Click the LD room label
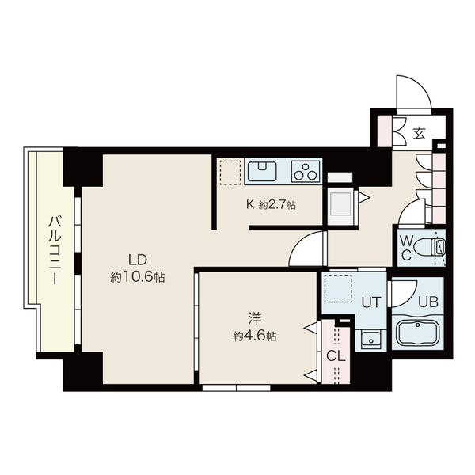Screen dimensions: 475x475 click(x=138, y=260)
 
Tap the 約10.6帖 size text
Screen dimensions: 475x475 click(x=138, y=277)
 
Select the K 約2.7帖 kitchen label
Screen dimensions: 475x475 click(x=271, y=205)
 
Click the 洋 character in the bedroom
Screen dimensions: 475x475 click(x=254, y=318)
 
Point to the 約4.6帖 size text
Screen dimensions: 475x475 click(x=254, y=336)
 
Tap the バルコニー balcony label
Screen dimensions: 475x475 click(x=55, y=250)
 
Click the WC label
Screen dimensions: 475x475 click(x=406, y=249)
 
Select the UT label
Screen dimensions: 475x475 click(x=371, y=302)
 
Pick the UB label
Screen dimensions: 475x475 click(x=428, y=302)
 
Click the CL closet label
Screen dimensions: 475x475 click(x=336, y=356)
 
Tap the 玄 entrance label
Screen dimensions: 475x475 click(x=420, y=134)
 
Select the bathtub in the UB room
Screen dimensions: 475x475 click(x=418, y=332)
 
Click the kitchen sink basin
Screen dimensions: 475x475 click(x=262, y=171)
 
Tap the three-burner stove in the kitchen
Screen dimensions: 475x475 click(x=306, y=172)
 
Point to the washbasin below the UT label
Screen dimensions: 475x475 click(x=371, y=340)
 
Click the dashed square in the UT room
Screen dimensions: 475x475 click(x=338, y=288)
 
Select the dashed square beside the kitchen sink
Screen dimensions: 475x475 click(x=230, y=173)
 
